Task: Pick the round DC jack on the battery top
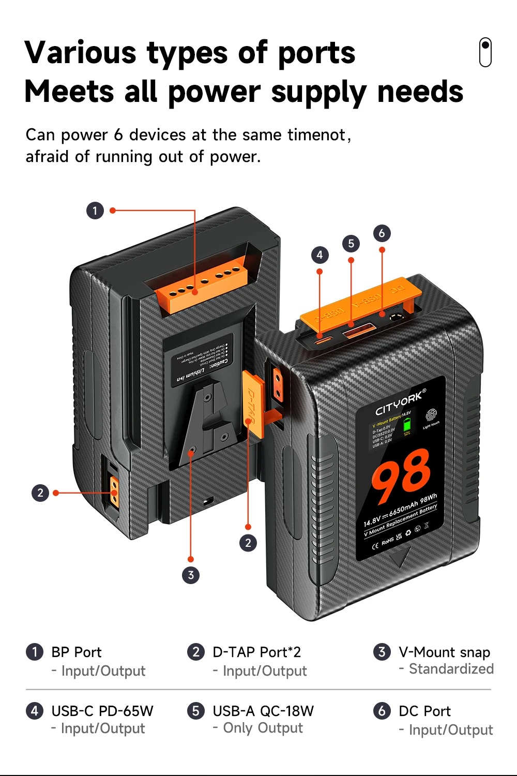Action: tap(397, 318)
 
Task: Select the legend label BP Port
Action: tap(77, 652)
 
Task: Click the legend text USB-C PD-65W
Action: tap(102, 711)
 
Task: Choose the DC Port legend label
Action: tap(424, 711)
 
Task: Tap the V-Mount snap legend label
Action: tap(444, 652)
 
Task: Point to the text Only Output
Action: tap(263, 728)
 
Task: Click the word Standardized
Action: tap(451, 669)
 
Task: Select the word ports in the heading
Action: tap(316, 53)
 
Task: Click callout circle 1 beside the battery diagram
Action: tap(95, 211)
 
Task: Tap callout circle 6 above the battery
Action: tap(382, 233)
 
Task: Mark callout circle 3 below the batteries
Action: tap(191, 575)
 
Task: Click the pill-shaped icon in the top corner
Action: tap(485, 52)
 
